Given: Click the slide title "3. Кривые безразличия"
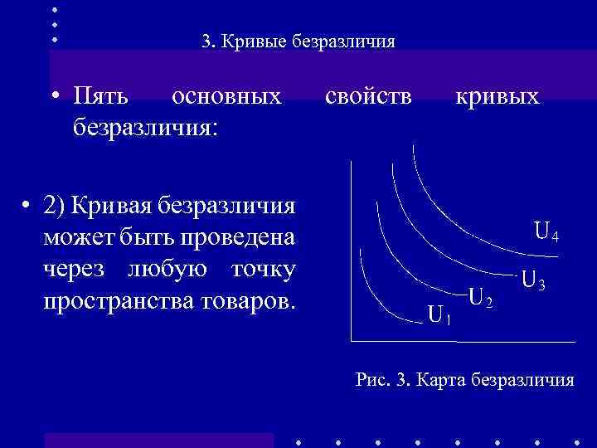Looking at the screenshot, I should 298,41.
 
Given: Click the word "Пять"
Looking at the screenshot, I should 100,97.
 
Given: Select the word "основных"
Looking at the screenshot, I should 226,97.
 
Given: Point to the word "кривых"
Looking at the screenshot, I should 497,97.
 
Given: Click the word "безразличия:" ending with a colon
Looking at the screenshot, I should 146,127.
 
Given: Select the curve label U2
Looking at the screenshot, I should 481,296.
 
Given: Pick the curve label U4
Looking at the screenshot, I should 546,231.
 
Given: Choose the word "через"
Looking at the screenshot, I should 79,270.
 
